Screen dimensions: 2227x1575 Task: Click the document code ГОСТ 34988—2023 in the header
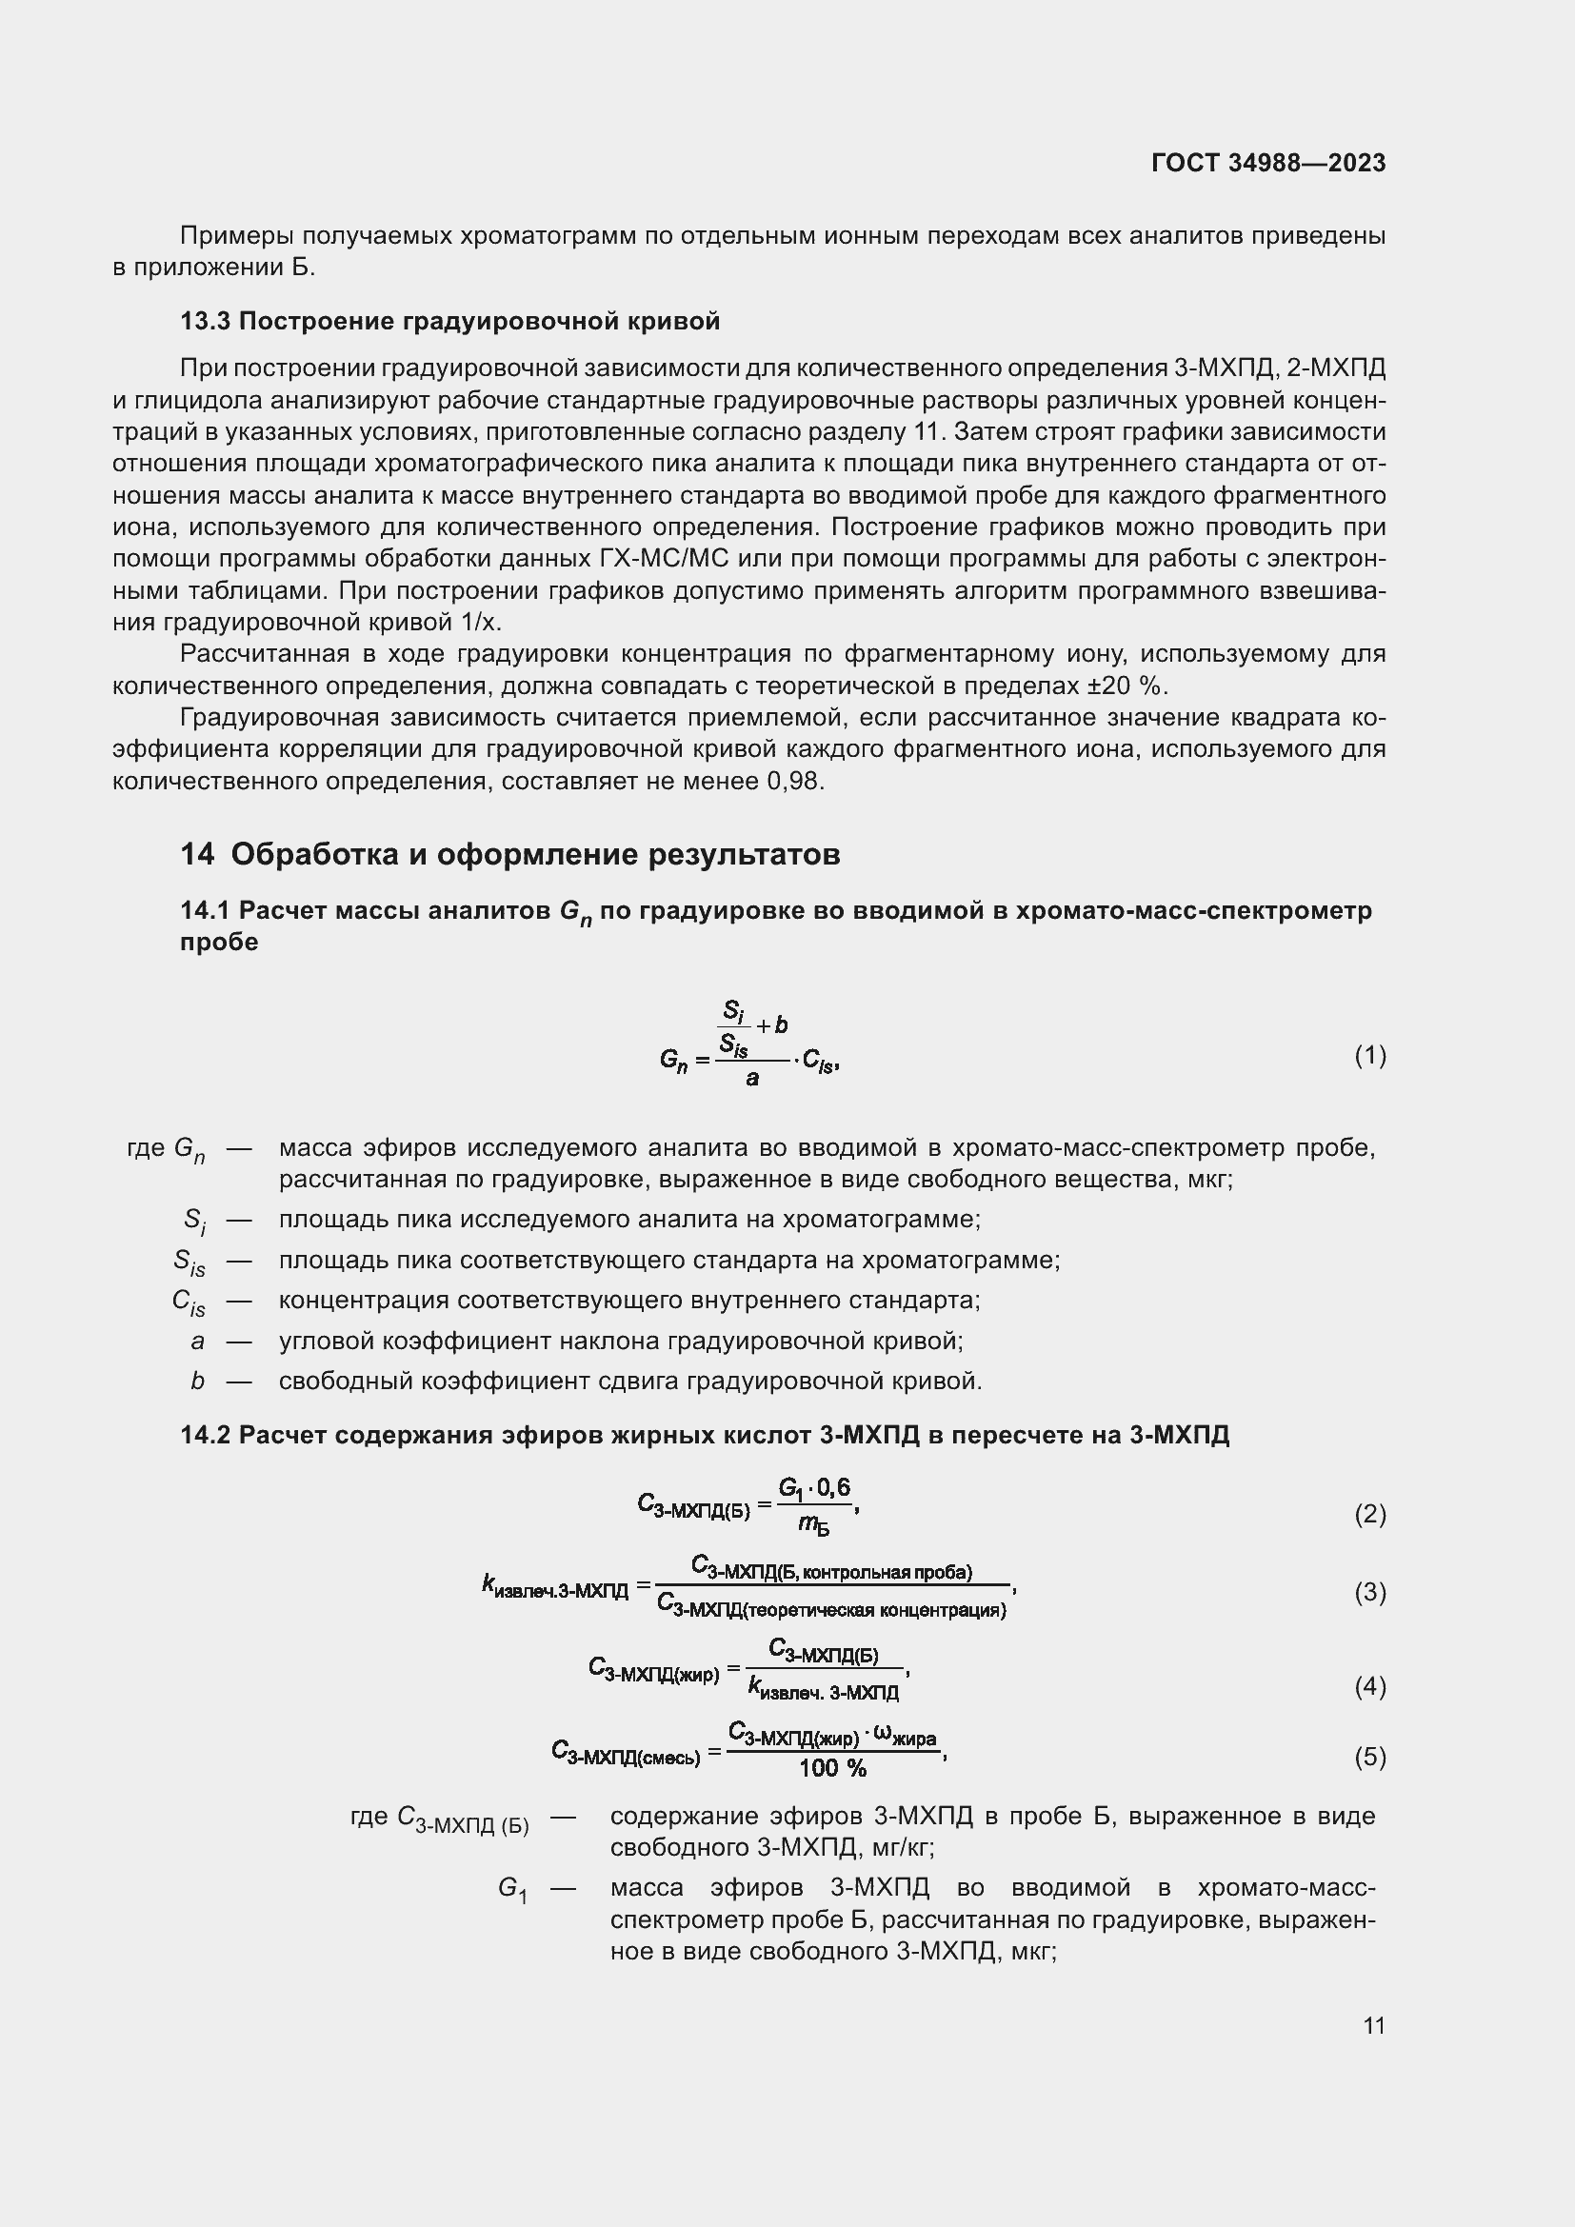(1267, 163)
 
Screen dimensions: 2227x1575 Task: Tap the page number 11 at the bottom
(1373, 2025)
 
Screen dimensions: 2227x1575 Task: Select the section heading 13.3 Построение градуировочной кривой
(450, 321)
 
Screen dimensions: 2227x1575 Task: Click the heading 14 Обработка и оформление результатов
(510, 853)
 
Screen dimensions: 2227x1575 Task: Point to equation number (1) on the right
(1369, 1055)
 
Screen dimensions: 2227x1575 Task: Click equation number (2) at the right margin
(1369, 1513)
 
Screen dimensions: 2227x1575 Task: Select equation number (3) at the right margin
(1369, 1592)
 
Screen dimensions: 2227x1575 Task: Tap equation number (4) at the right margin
(1369, 1687)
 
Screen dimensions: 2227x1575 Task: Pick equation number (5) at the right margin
(1369, 1757)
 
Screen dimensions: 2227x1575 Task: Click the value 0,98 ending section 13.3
(794, 782)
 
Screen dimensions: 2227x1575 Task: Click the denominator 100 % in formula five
(832, 1768)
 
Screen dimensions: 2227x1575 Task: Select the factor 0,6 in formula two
(833, 1487)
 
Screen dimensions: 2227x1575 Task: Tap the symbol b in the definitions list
(198, 1382)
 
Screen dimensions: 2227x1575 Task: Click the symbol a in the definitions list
(198, 1342)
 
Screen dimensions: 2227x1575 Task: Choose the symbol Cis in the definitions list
(189, 1302)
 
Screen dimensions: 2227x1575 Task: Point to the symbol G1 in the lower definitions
(512, 1888)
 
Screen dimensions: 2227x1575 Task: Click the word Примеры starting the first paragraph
(237, 236)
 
